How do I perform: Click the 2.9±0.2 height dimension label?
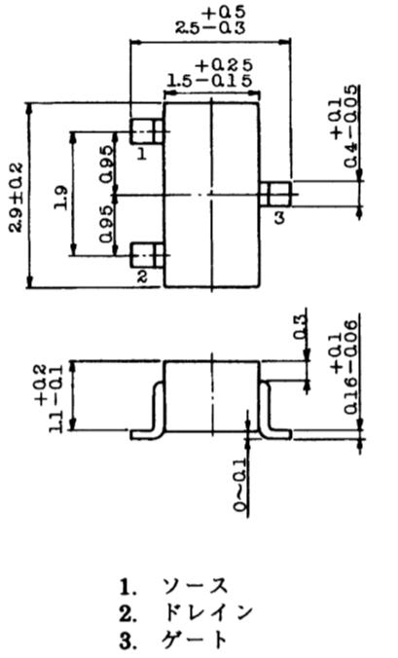coord(17,198)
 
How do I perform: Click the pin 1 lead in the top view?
coord(146,131)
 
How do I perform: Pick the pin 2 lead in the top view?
coord(146,255)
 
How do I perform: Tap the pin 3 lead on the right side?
coord(275,194)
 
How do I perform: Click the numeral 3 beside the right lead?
coord(279,217)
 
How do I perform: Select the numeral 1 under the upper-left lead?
coord(142,155)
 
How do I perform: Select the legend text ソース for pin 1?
coord(196,586)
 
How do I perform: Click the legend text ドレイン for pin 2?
coord(207,613)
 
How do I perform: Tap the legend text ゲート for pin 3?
coord(195,640)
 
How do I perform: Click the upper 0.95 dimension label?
coord(106,164)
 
